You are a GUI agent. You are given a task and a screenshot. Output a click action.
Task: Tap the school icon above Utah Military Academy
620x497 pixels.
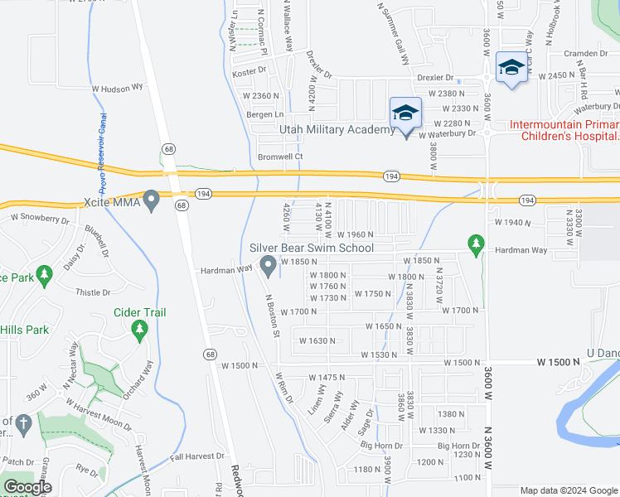point(405,113)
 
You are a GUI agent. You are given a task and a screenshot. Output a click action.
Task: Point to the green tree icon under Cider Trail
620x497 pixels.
point(139,331)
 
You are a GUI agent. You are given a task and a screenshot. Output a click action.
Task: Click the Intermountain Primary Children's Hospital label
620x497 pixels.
point(564,131)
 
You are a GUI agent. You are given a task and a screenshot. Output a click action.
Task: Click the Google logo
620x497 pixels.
point(27,487)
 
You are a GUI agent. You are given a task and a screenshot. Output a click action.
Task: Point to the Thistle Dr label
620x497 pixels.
point(93,292)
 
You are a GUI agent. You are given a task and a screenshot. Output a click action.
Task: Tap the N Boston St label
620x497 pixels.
point(273,316)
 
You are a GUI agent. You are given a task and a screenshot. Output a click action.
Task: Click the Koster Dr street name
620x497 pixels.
point(248,73)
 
